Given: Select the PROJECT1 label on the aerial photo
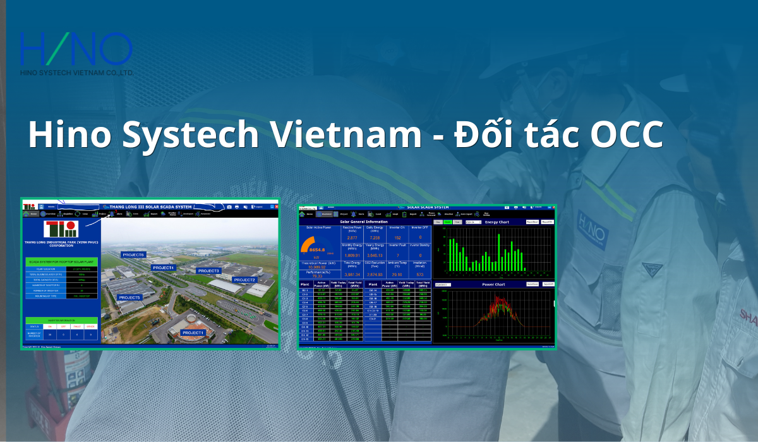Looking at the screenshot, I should pos(193,333).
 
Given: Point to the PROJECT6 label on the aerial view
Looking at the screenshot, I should pos(134,254).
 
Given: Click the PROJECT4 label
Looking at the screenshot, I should pos(163,268).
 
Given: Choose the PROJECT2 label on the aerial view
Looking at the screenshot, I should pos(244,279).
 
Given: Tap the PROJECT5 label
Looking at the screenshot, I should pos(129,297).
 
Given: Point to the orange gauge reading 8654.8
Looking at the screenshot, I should pos(318,248).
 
